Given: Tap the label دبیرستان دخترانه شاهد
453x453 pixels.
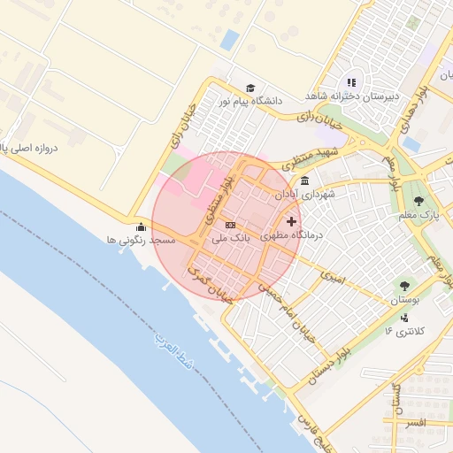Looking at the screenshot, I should pos(352,96).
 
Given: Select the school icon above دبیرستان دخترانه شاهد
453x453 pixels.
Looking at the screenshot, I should pos(351,82).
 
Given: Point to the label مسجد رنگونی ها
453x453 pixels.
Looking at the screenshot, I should pos(142,240).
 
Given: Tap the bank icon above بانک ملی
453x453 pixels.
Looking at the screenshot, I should pos(231,225).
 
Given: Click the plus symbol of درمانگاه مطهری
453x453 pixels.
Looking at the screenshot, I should pos(292,220).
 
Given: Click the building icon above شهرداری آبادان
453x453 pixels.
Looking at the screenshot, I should pos(305,180).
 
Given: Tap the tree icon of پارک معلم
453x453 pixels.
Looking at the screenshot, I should pos(419,201).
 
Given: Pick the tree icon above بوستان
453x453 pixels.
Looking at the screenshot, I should pos(404,287).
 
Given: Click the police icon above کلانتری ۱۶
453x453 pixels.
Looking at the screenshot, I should pos(404,318).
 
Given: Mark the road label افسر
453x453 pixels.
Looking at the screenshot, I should pos(414,424).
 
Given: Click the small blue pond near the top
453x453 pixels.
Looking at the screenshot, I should pos(230,40).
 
